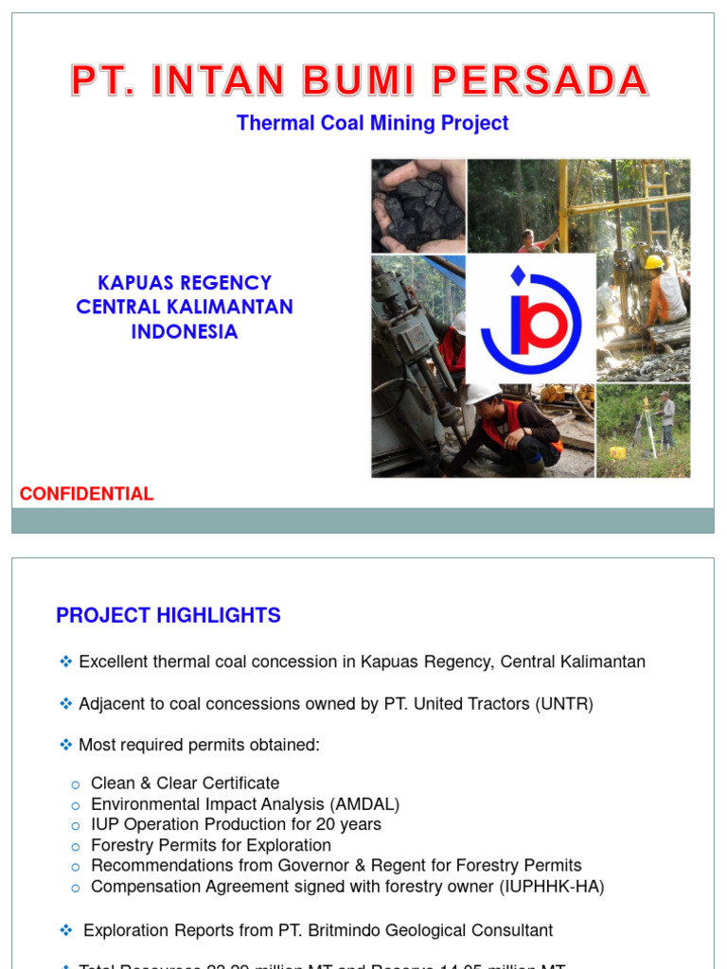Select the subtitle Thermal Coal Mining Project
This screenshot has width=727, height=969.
pyautogui.click(x=372, y=123)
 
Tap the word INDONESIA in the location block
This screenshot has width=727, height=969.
pyautogui.click(x=185, y=332)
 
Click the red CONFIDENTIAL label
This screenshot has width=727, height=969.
pyautogui.click(x=86, y=494)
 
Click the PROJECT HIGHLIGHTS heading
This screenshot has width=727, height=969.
pyautogui.click(x=168, y=616)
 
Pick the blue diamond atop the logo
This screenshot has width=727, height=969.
pyautogui.click(x=517, y=274)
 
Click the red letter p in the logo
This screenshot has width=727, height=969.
pyautogui.click(x=546, y=322)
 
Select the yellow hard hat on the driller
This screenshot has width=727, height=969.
pyautogui.click(x=653, y=262)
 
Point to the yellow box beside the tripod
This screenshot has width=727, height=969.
pyautogui.click(x=617, y=452)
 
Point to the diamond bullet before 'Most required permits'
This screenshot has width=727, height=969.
pyautogui.click(x=66, y=746)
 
